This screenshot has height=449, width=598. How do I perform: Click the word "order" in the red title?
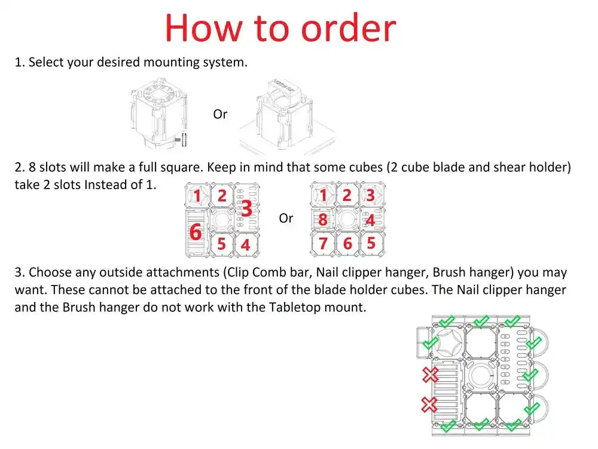[x=349, y=28]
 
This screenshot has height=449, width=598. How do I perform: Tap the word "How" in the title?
[x=204, y=28]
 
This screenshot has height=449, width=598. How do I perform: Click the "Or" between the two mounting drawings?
[x=220, y=114]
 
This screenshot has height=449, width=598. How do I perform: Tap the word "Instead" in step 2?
[x=106, y=185]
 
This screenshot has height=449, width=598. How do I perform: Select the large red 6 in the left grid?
[x=196, y=232]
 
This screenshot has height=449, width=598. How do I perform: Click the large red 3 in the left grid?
[x=247, y=209]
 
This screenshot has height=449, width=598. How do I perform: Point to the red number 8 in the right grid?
[x=323, y=220]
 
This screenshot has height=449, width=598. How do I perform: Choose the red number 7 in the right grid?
[x=323, y=243]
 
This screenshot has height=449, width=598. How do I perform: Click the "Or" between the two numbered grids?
[x=286, y=219]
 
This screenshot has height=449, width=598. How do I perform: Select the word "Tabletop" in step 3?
[x=293, y=307]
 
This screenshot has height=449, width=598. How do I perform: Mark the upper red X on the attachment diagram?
[x=431, y=375]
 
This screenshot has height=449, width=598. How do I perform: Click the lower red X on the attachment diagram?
[x=429, y=405]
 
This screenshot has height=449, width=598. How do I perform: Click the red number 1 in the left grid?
[x=197, y=196]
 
